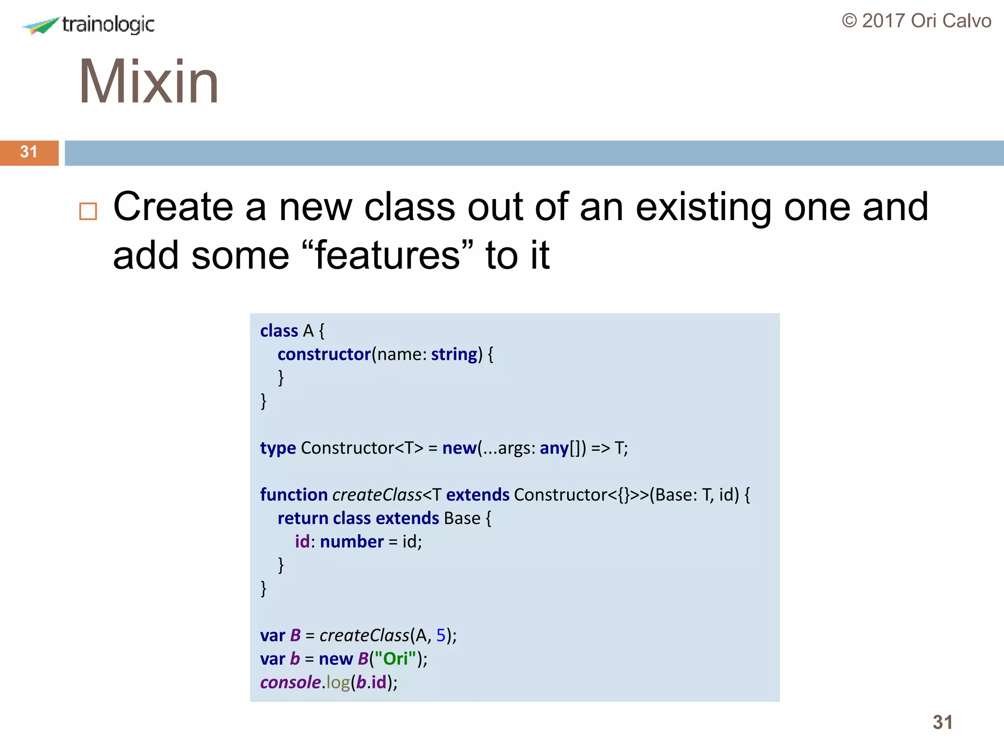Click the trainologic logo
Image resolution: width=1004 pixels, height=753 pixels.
(x=88, y=25)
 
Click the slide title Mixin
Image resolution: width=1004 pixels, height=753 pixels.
(x=149, y=81)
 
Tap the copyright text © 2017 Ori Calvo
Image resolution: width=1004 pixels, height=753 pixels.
(x=916, y=21)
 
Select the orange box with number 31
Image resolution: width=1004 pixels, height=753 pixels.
(x=29, y=152)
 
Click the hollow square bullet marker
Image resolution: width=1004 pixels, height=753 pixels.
(x=88, y=211)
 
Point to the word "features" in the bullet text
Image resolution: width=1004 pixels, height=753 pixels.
(x=388, y=255)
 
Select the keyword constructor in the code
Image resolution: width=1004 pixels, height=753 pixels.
(x=324, y=354)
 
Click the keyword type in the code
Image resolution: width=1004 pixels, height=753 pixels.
(x=278, y=448)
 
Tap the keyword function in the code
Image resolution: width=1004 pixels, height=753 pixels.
(x=294, y=495)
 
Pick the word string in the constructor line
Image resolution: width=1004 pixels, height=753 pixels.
(x=454, y=354)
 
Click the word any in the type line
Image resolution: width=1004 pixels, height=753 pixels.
(x=554, y=448)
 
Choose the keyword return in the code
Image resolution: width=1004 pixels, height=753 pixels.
(x=302, y=518)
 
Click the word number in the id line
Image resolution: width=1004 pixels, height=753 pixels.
(x=351, y=542)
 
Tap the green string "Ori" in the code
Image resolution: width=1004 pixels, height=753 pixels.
(x=395, y=659)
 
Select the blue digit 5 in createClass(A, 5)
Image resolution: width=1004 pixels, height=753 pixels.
(x=441, y=635)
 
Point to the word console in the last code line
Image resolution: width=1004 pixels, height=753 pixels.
(x=290, y=682)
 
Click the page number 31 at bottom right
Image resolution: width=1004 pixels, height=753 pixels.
(x=942, y=723)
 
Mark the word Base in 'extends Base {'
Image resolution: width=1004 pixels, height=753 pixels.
(x=462, y=518)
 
